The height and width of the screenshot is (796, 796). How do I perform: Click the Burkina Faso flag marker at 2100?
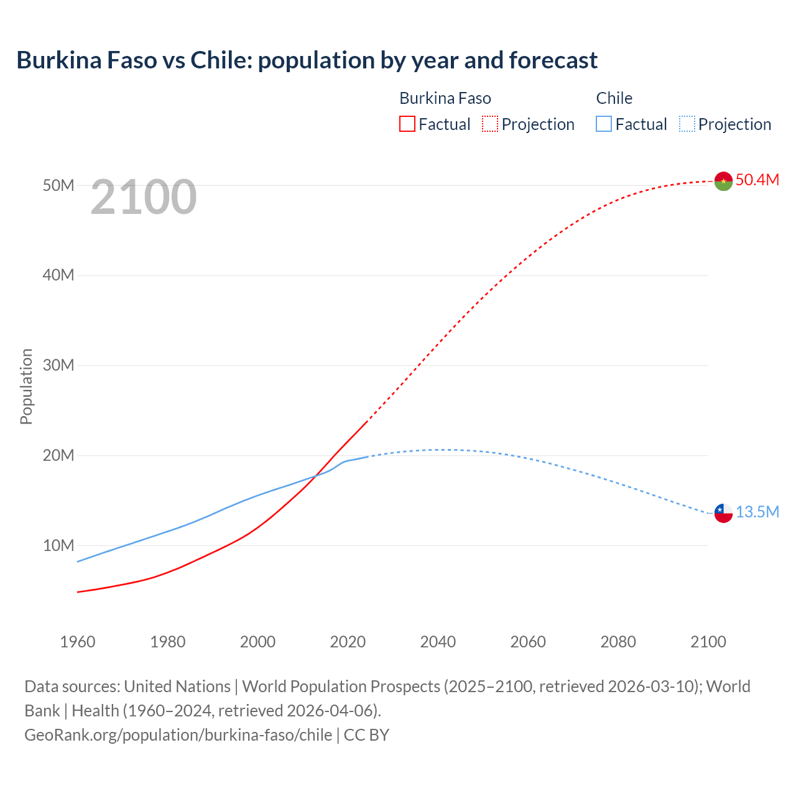[x=723, y=181]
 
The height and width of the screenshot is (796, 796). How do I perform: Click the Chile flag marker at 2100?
[x=723, y=513]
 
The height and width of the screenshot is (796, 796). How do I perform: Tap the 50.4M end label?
[x=757, y=180]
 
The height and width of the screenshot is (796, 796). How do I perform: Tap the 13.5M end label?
[x=757, y=512]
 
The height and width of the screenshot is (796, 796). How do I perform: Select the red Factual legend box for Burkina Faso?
[x=407, y=124]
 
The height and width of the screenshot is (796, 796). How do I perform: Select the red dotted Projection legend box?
[x=490, y=124]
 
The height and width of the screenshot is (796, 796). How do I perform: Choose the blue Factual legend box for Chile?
[x=603, y=124]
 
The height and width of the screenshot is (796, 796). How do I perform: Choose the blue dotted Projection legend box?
[x=687, y=124]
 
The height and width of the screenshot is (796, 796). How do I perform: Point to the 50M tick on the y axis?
[x=58, y=185]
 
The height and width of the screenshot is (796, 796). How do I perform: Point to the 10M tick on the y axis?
[x=58, y=545]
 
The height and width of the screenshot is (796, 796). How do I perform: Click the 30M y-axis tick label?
[x=58, y=365]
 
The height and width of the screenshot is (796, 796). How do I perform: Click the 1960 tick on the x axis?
[x=78, y=642]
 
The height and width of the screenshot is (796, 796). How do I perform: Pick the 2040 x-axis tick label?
[x=438, y=642]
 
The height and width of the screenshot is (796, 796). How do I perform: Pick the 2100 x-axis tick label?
[x=708, y=642]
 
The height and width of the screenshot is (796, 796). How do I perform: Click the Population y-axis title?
[x=26, y=386]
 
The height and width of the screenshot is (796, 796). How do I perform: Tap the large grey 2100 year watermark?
[x=144, y=197]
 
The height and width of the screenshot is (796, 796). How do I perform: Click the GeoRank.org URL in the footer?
[x=178, y=734]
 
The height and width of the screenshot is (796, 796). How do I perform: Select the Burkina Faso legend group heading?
[x=445, y=98]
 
